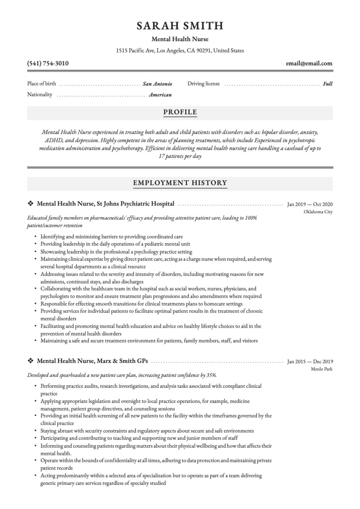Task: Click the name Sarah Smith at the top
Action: (180, 26)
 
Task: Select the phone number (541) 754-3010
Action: (48, 63)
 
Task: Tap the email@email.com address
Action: (309, 63)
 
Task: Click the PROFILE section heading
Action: (180, 112)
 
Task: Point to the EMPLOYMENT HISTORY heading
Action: (180, 183)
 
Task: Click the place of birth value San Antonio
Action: (157, 84)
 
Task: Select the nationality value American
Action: (160, 95)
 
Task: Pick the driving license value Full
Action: (328, 84)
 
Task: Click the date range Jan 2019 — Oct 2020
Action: (310, 204)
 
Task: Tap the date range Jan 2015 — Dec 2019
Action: (310, 362)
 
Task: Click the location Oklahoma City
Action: (318, 212)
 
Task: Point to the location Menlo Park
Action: (322, 369)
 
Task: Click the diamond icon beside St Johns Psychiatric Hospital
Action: (30, 204)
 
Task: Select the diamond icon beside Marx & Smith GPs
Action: (30, 361)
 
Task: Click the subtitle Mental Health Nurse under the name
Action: (180, 39)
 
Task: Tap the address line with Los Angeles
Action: (180, 51)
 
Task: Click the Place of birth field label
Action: (41, 84)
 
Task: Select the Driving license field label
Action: (204, 84)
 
